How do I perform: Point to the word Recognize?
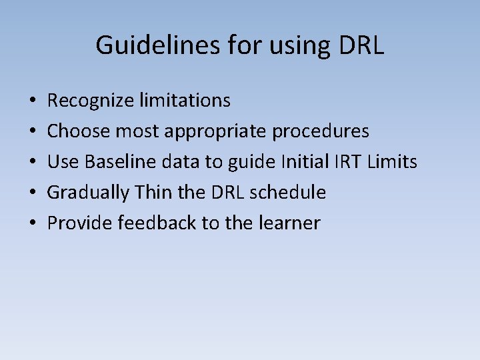[x=91, y=101]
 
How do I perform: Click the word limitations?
[x=185, y=101]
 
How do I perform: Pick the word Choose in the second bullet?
[x=79, y=131]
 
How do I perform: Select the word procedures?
[x=321, y=131]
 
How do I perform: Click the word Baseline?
[x=117, y=162]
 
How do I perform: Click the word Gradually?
[x=89, y=193]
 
